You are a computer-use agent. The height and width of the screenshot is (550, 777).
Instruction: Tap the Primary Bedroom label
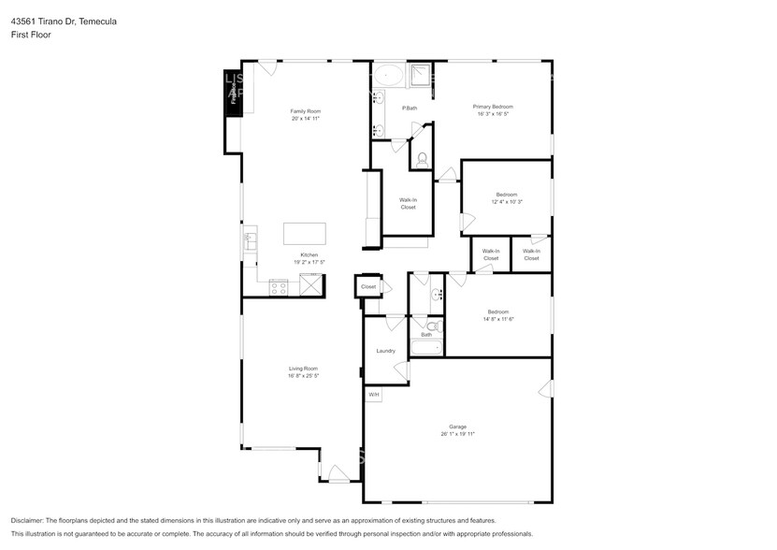pyautogui.click(x=492, y=107)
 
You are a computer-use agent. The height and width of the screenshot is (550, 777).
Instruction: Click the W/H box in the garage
pyautogui.click(x=373, y=395)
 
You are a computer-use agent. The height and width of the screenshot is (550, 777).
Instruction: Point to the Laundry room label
pyautogui.click(x=385, y=351)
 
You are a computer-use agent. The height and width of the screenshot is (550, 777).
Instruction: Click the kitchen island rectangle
pyautogui.click(x=305, y=233)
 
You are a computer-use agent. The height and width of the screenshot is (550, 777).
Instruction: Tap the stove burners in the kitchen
pyautogui.click(x=278, y=286)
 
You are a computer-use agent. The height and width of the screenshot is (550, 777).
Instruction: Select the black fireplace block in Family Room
pyautogui.click(x=232, y=94)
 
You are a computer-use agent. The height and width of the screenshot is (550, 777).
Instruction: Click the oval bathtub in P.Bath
pyautogui.click(x=390, y=75)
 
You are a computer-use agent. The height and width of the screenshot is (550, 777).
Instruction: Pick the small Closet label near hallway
pyautogui.click(x=368, y=286)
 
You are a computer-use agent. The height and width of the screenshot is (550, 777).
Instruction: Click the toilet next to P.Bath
pyautogui.click(x=421, y=159)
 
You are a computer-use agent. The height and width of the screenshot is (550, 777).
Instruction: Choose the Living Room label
pyautogui.click(x=303, y=369)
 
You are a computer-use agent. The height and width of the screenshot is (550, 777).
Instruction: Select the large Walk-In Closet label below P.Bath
pyautogui.click(x=408, y=203)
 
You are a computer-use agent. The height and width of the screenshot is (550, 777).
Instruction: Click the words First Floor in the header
pyautogui.click(x=31, y=35)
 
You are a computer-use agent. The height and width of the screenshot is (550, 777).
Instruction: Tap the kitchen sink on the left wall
pyautogui.click(x=250, y=241)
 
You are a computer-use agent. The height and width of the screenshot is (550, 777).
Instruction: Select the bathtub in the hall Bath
pyautogui.click(x=426, y=349)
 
